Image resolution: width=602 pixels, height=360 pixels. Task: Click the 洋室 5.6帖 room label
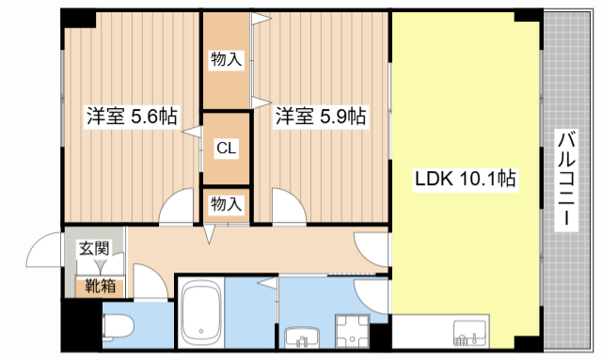(133, 117)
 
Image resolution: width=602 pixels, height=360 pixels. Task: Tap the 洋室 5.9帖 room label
(320, 117)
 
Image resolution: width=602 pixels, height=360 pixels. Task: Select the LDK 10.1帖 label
(465, 178)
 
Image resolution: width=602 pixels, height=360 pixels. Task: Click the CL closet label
(226, 148)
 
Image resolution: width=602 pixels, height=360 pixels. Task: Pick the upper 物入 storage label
(226, 60)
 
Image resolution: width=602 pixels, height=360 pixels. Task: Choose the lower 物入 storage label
(226, 203)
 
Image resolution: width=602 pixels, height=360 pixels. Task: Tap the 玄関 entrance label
(93, 249)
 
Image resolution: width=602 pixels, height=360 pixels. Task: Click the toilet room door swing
(149, 281)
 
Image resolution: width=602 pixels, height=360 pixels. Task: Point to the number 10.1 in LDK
(479, 178)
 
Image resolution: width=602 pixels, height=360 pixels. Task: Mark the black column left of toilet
(81, 324)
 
